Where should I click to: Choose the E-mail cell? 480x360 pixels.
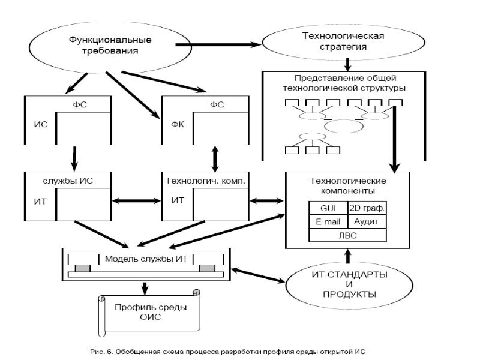326,222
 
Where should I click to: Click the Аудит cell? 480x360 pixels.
367,222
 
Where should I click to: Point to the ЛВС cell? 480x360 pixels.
346,235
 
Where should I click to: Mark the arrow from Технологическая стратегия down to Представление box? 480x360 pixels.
347,62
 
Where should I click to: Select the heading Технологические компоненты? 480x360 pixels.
346,185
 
